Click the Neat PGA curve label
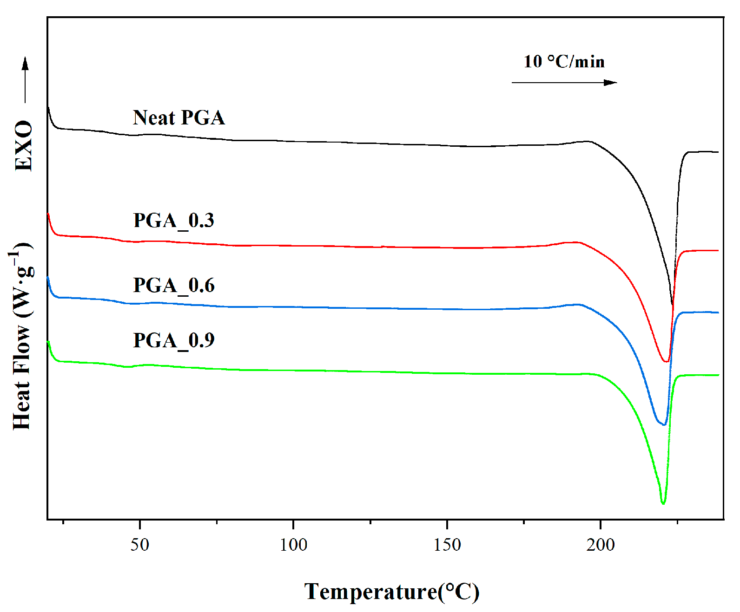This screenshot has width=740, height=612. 178,118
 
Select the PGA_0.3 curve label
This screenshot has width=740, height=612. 173,221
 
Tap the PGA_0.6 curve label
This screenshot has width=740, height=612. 173,286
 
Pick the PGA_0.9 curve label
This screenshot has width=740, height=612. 173,341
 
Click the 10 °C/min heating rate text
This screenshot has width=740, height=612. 564,62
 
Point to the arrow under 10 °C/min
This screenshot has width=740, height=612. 564,83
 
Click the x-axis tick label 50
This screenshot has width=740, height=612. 139,545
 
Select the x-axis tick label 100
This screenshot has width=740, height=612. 293,545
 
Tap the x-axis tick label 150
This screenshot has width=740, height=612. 447,545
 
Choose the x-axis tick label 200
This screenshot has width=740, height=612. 600,545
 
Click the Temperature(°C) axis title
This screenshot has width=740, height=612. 391,592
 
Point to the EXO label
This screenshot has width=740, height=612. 23,146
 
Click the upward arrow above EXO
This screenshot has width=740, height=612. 25,79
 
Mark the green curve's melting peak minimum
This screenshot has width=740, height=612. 663,503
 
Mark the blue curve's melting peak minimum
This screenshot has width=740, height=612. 663,424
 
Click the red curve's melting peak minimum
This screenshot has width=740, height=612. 666,361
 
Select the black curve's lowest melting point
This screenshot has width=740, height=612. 672,305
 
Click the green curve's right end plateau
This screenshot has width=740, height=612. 702,375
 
